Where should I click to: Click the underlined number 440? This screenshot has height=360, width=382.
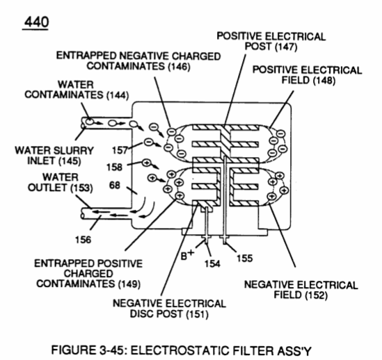pos(36,22)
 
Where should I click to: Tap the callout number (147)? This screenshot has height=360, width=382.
pos(286,47)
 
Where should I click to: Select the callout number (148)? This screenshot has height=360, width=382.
pos(324,80)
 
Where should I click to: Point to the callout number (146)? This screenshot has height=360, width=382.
pos(179,66)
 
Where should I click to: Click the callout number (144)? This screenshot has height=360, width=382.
pos(118,95)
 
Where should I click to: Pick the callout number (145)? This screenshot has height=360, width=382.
pos(70,161)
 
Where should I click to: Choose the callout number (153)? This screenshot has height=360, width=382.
pos(81,188)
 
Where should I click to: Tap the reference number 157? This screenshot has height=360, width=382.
pos(120,150)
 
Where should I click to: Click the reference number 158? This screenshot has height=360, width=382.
pos(114,167)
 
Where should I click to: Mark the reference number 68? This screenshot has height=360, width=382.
pos(115,186)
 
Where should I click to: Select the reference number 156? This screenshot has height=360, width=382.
pos(83,240)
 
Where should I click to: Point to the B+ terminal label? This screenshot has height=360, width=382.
pos(187,254)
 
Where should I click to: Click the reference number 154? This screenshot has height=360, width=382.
pos(212,263)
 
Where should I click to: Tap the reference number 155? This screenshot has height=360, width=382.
pos(245,258)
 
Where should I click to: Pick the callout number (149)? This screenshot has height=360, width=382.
pos(129,284)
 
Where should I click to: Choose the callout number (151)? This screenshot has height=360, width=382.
pos(198,313)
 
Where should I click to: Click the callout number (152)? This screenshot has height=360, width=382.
pos(316,295)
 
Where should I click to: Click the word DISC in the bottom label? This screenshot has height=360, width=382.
pos(141,313)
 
